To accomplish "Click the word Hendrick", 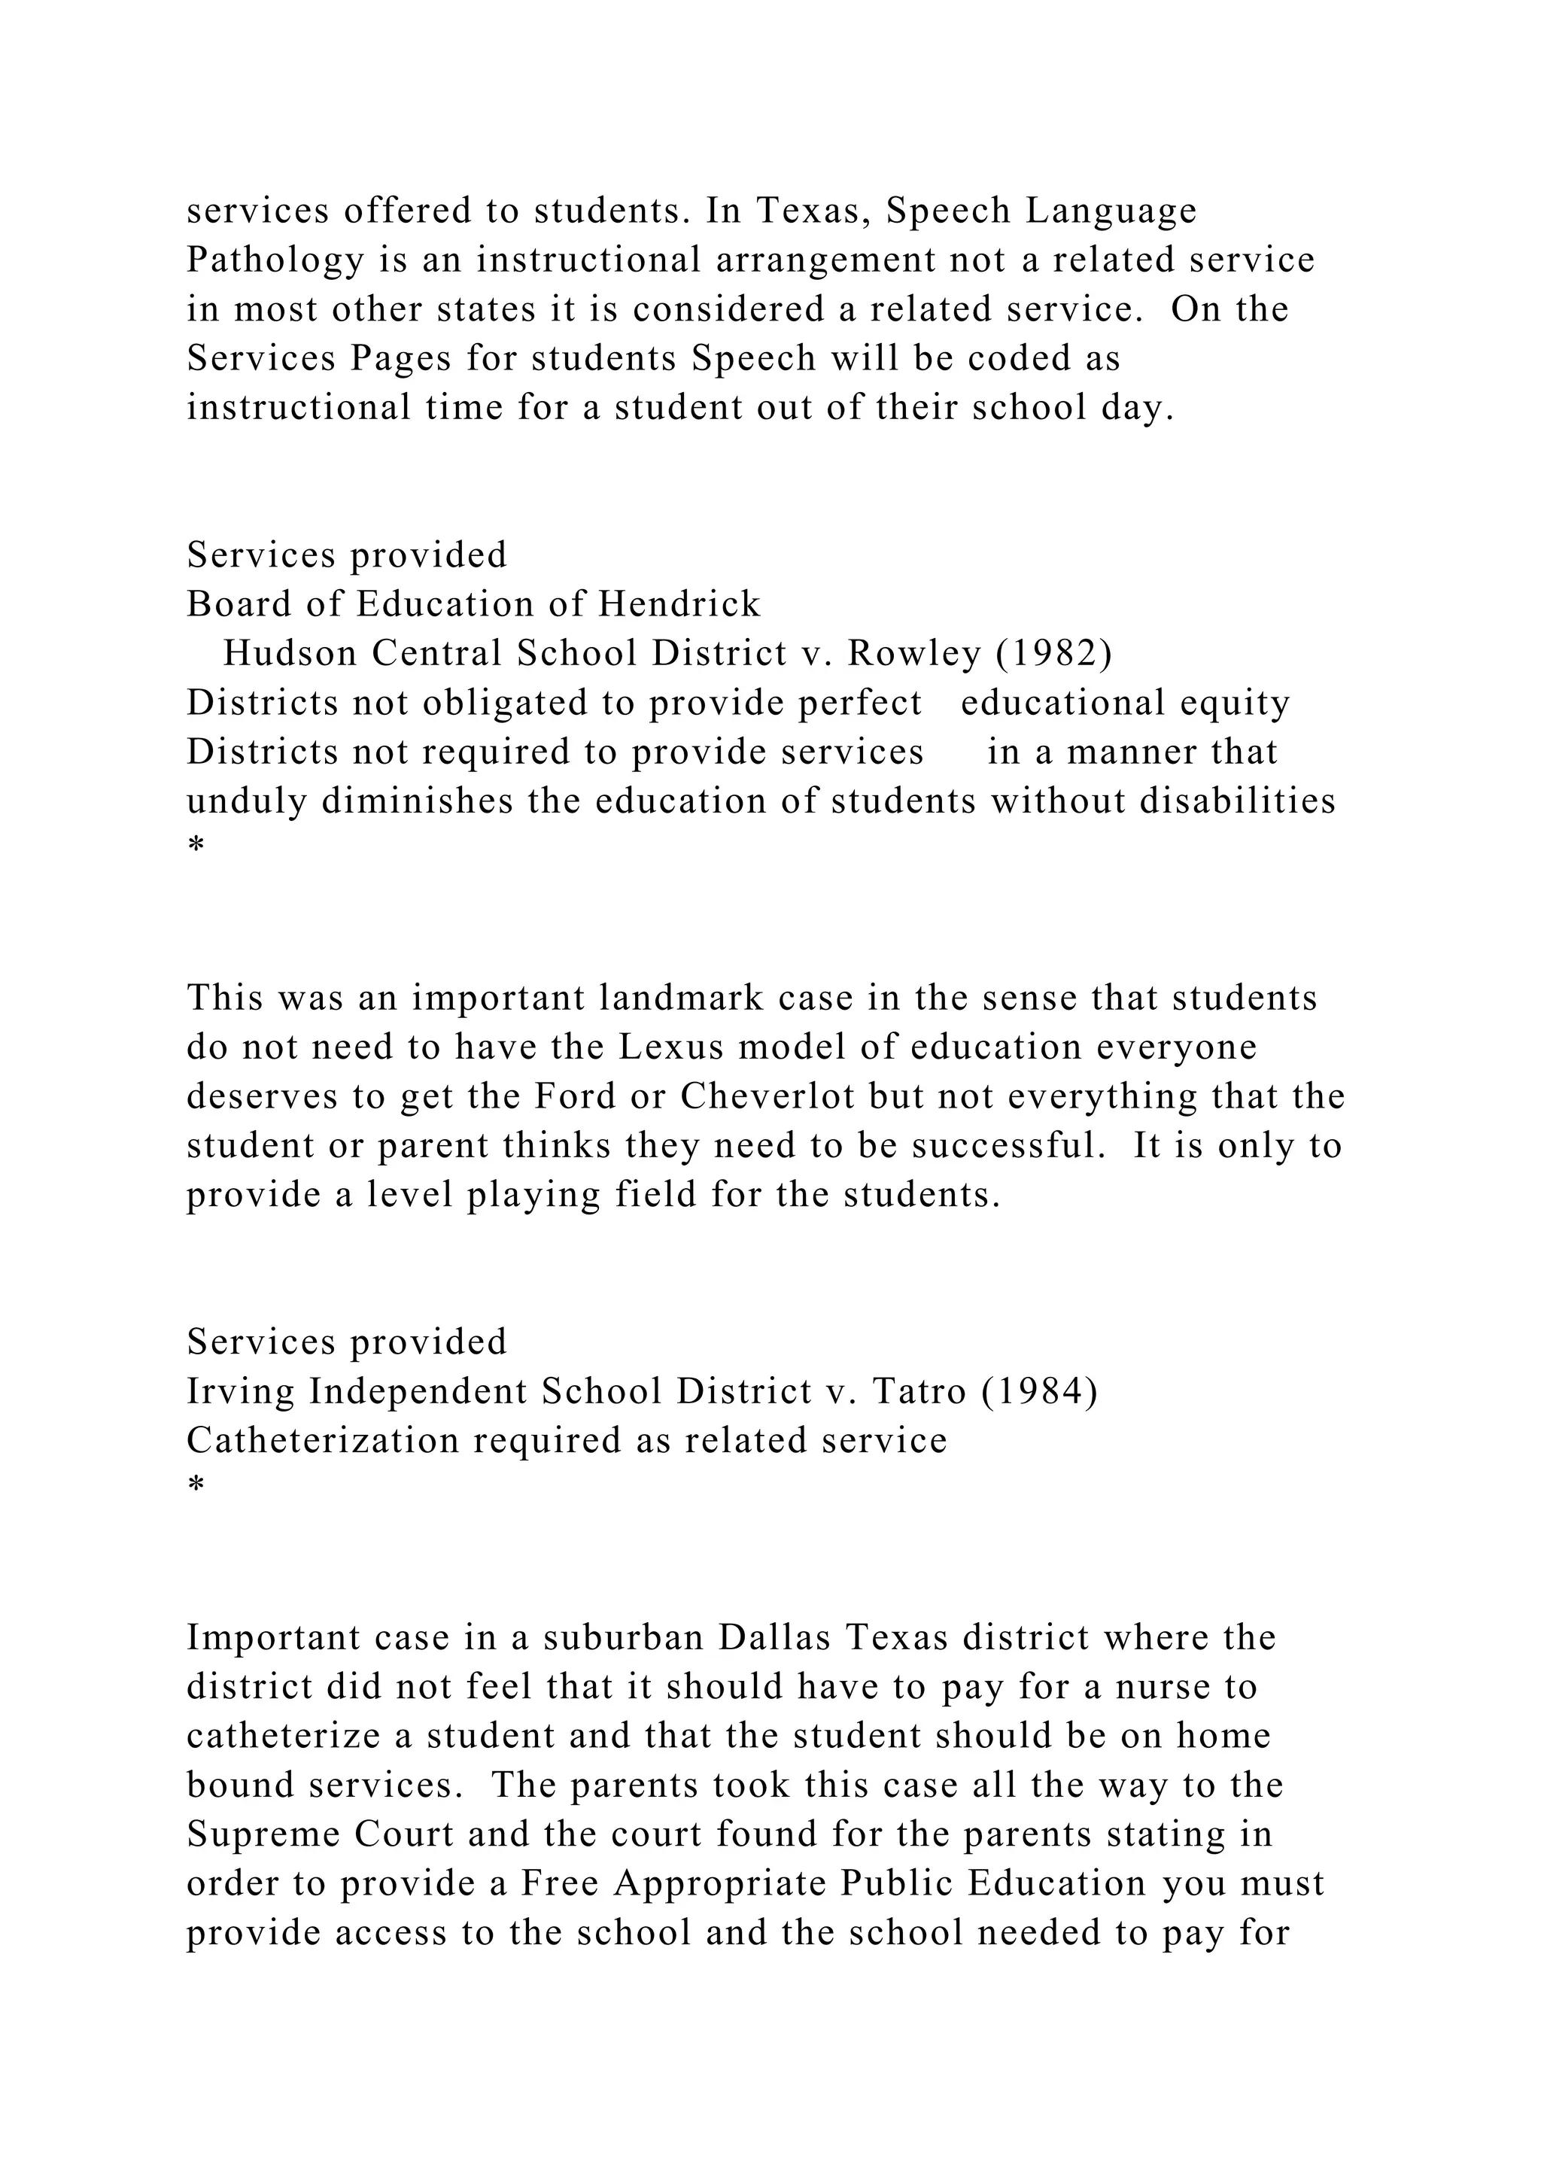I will tap(679, 604).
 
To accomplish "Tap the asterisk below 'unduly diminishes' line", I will tap(196, 845).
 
